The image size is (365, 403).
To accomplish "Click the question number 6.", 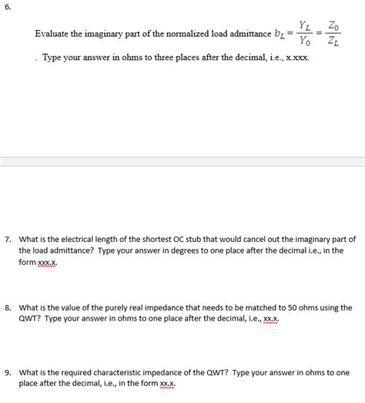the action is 8,7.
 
